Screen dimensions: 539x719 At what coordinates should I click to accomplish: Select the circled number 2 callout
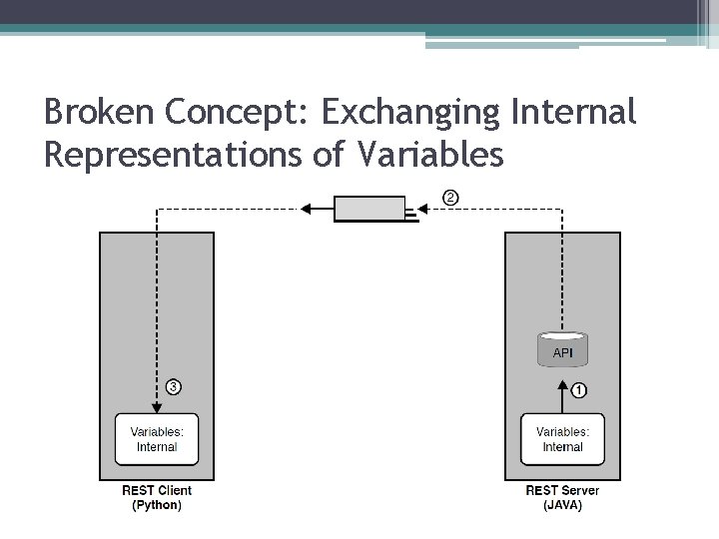point(450,198)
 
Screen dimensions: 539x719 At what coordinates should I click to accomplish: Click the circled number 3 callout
point(173,386)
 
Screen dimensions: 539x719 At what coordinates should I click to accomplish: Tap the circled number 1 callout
point(579,390)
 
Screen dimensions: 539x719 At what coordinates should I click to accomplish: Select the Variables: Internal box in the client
point(157,439)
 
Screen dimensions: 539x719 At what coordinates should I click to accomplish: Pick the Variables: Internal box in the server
point(562,439)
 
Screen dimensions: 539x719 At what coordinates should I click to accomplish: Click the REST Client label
point(157,490)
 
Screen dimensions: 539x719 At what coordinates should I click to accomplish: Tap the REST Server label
point(562,490)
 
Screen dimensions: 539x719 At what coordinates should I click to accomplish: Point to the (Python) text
point(157,505)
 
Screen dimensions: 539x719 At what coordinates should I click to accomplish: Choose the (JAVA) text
point(562,505)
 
